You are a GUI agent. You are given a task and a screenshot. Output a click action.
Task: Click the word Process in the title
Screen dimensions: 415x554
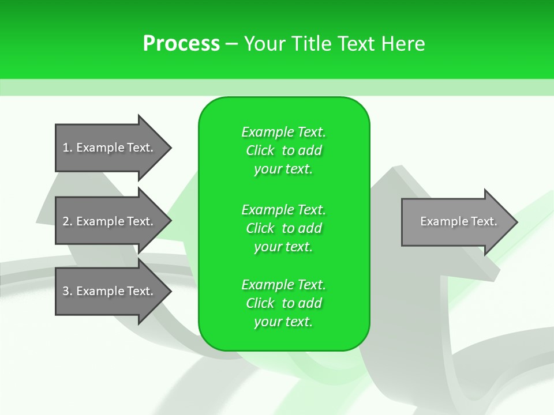(181, 44)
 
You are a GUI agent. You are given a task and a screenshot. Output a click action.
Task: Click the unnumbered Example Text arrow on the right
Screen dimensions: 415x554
(456, 222)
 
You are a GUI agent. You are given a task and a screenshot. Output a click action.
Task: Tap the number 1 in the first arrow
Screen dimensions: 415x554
(66, 148)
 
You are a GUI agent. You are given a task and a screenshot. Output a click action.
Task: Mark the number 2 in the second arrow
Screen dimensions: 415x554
(66, 221)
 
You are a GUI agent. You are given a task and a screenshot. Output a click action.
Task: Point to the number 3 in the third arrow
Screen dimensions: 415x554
(66, 291)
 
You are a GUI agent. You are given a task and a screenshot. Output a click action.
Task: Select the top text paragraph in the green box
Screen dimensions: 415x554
(283, 150)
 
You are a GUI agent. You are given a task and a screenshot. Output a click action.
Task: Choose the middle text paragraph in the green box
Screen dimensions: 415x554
(283, 228)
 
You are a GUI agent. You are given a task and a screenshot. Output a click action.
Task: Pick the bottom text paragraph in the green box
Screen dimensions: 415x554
(283, 303)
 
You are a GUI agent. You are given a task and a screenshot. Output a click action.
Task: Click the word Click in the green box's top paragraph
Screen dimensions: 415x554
(260, 150)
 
